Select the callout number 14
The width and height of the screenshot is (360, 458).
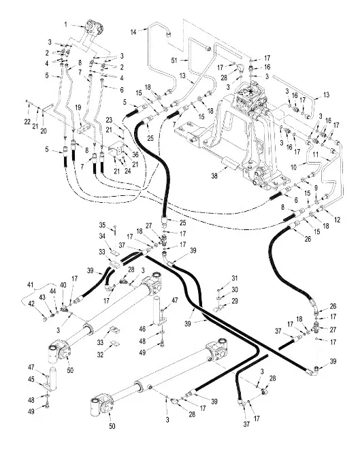point(134,31)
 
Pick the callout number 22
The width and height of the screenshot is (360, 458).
point(27,122)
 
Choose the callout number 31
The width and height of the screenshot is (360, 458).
point(234,278)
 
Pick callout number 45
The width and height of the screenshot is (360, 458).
point(31,379)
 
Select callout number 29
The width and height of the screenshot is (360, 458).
point(235,300)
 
